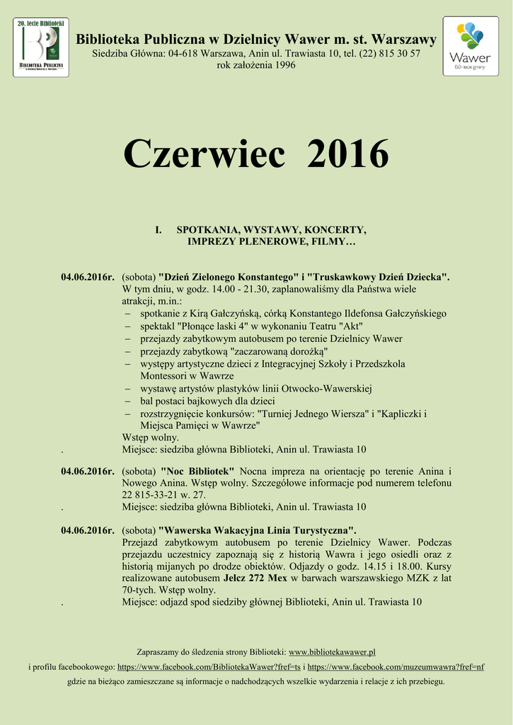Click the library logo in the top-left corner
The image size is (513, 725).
point(41,47)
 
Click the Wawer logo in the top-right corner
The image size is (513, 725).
point(470,47)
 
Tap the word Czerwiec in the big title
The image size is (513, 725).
point(204,154)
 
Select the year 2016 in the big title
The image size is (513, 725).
point(349,154)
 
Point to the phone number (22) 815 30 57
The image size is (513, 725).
point(390,54)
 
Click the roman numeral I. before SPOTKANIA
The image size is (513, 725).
point(158,230)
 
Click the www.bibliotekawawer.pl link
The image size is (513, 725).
point(332,651)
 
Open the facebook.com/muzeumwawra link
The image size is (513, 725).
point(396,666)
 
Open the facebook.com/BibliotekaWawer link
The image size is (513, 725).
point(208,666)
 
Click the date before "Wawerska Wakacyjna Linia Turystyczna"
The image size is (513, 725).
point(87,530)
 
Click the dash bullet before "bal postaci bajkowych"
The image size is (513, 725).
point(127,401)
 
